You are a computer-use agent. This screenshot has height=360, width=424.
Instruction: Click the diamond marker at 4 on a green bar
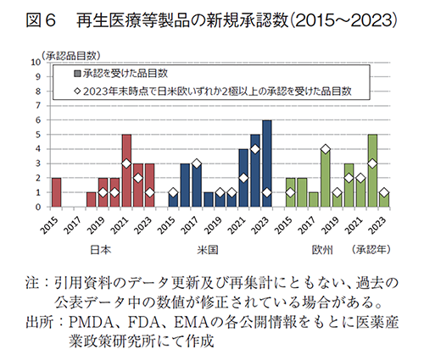325,149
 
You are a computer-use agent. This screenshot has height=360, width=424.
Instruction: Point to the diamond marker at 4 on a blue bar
255,149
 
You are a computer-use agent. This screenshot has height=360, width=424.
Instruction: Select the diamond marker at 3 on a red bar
126,163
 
